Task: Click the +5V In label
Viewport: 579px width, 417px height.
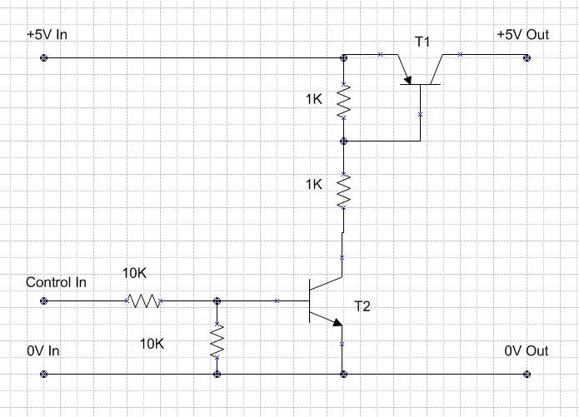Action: click(x=47, y=35)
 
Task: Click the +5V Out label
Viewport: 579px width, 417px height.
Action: click(x=523, y=35)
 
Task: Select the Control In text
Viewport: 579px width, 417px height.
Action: click(x=56, y=283)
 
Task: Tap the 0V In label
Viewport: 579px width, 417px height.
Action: click(x=43, y=350)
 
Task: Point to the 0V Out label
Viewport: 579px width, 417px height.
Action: click(x=527, y=350)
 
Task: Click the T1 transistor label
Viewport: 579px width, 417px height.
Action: click(x=422, y=42)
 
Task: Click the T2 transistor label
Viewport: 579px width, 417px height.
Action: click(x=362, y=306)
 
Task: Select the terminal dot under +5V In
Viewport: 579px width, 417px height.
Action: click(x=44, y=58)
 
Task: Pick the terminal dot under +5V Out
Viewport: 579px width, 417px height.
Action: click(x=527, y=58)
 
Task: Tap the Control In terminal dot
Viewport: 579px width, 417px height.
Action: click(x=44, y=300)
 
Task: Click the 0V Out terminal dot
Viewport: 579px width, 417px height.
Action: click(x=527, y=375)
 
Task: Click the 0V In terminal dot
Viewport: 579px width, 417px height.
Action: click(x=44, y=375)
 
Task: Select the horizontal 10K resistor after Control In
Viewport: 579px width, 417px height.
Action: click(x=143, y=300)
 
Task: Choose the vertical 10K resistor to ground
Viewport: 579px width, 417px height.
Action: click(x=217, y=340)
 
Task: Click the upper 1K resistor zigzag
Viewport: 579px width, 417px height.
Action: click(x=344, y=101)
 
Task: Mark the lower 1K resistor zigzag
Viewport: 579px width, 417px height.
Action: click(x=344, y=191)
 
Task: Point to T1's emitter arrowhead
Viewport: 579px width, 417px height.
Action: click(x=407, y=80)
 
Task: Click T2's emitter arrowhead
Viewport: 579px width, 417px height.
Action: click(x=337, y=322)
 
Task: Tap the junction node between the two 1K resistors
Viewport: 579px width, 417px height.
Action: click(x=344, y=141)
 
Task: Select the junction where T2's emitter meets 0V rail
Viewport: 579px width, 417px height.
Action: click(x=344, y=375)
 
